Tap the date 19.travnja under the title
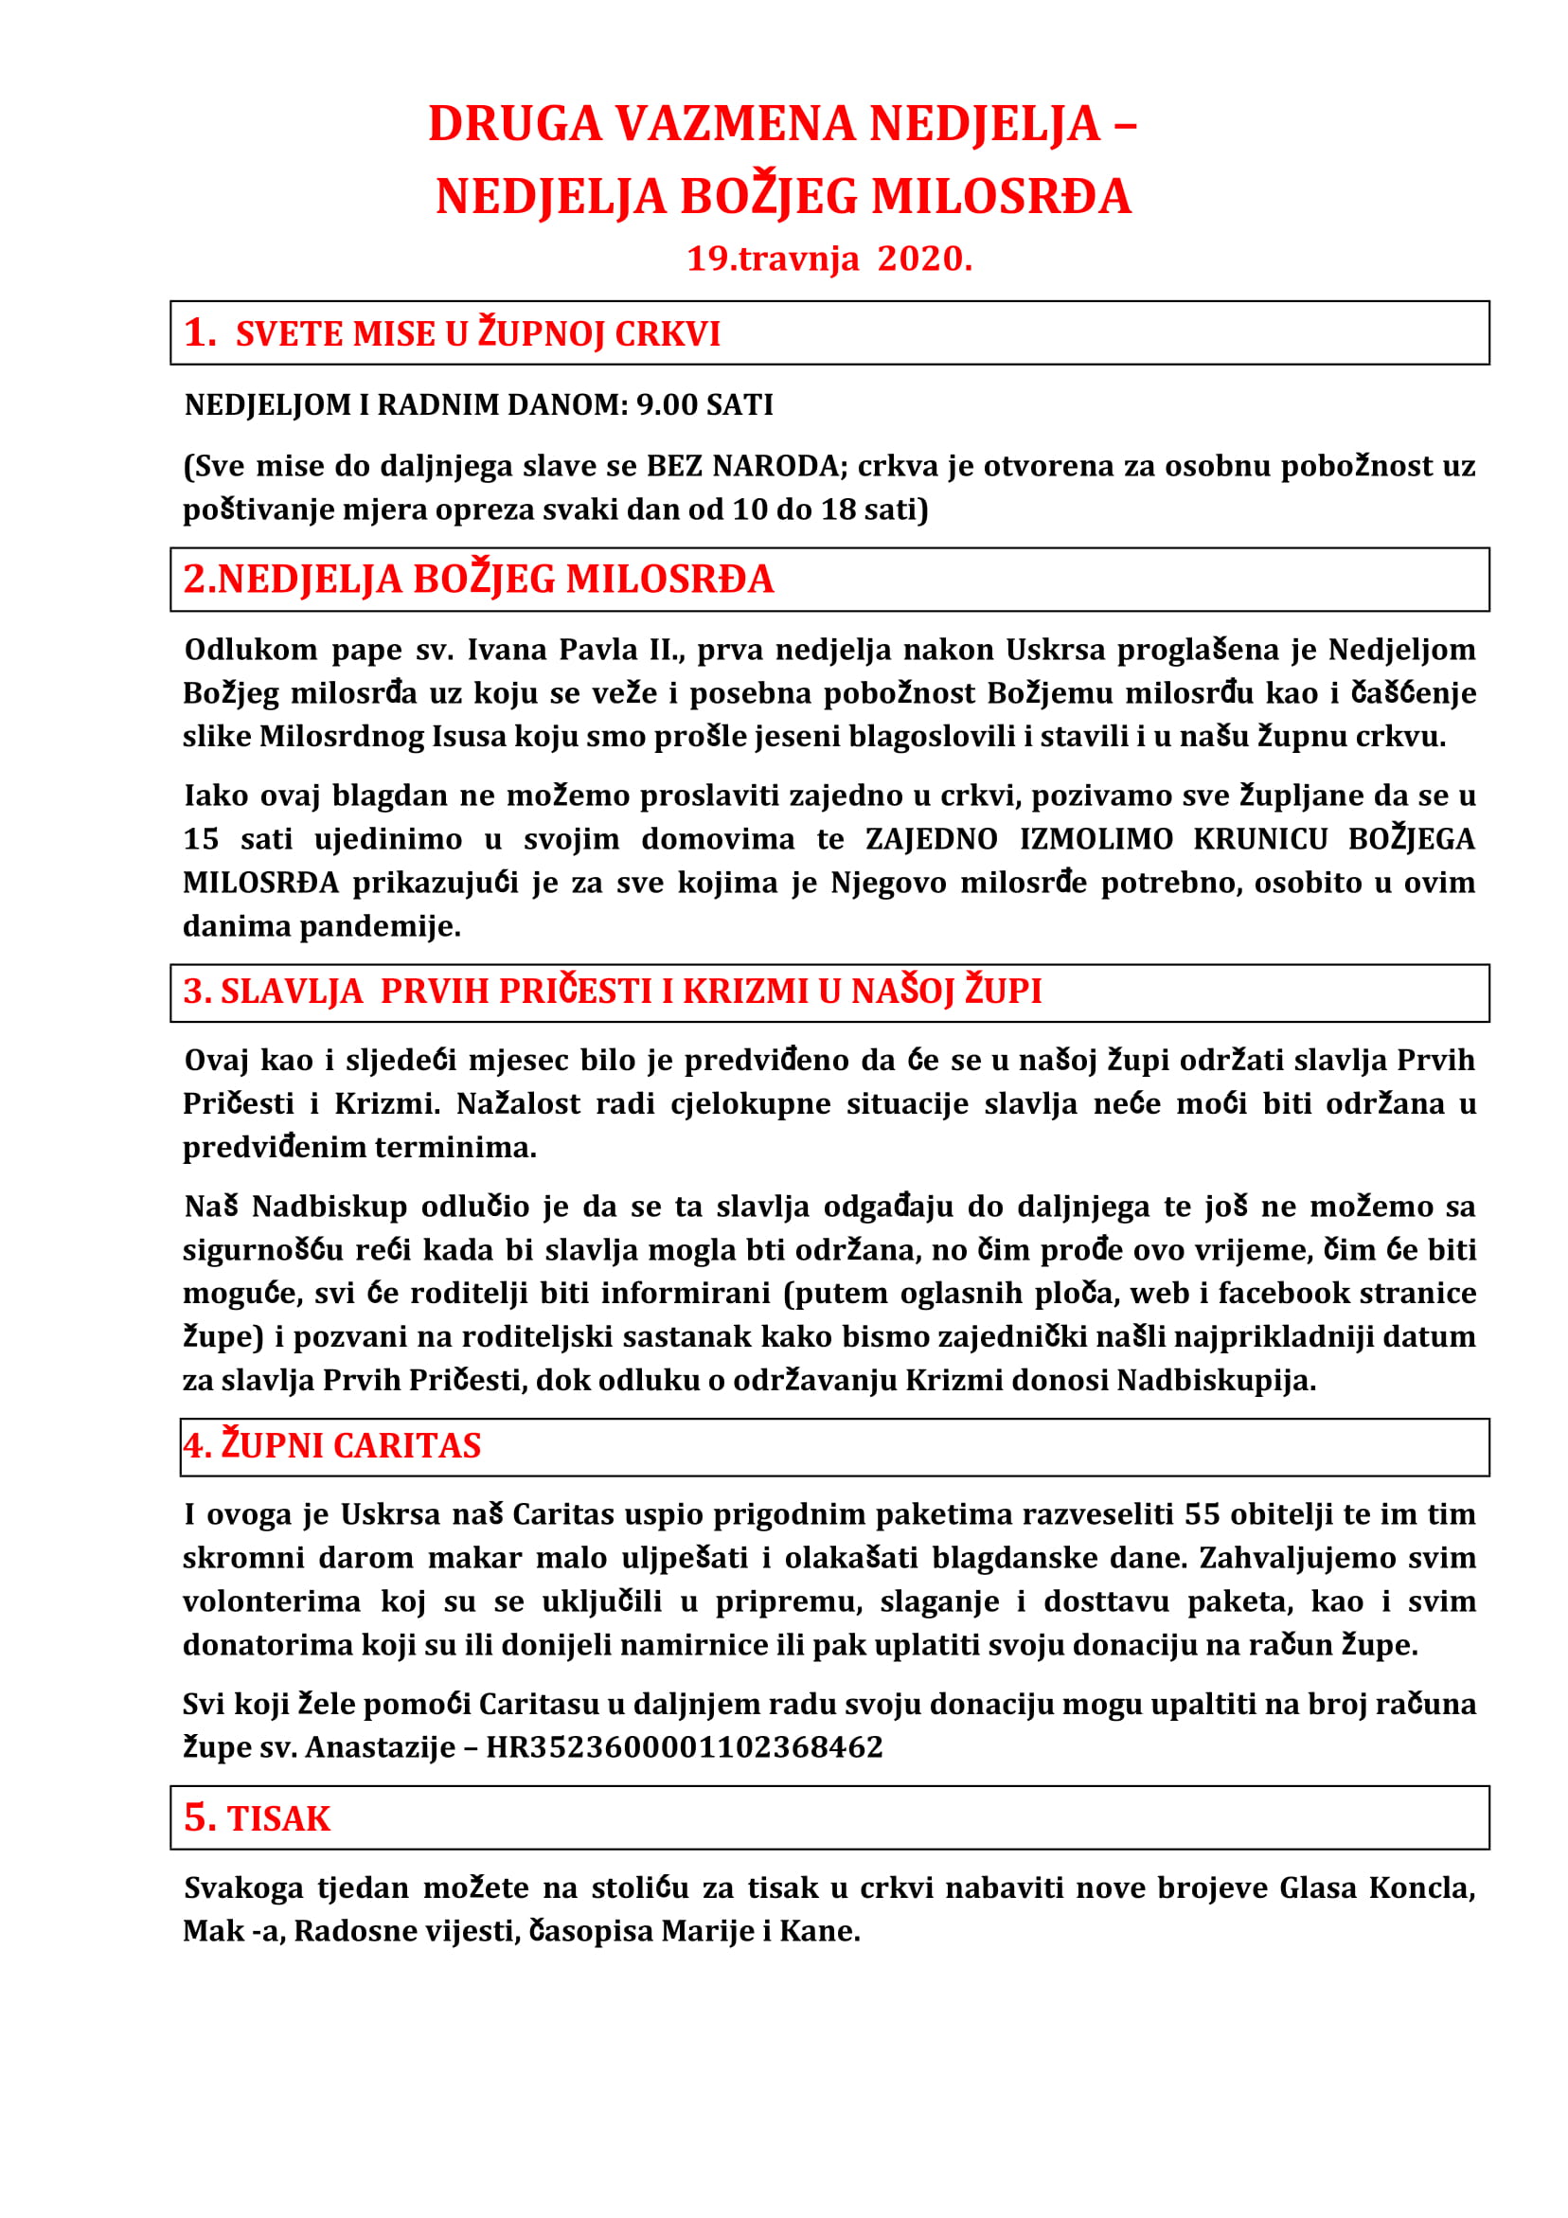click(772, 259)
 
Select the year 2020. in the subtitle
click(924, 259)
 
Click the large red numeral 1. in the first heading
click(200, 332)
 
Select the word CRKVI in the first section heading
click(668, 334)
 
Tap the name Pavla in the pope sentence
click(596, 649)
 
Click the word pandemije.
click(380, 925)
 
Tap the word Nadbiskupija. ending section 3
click(1217, 1381)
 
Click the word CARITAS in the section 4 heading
click(406, 1446)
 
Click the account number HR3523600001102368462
click(684, 1747)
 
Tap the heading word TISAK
click(278, 1819)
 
